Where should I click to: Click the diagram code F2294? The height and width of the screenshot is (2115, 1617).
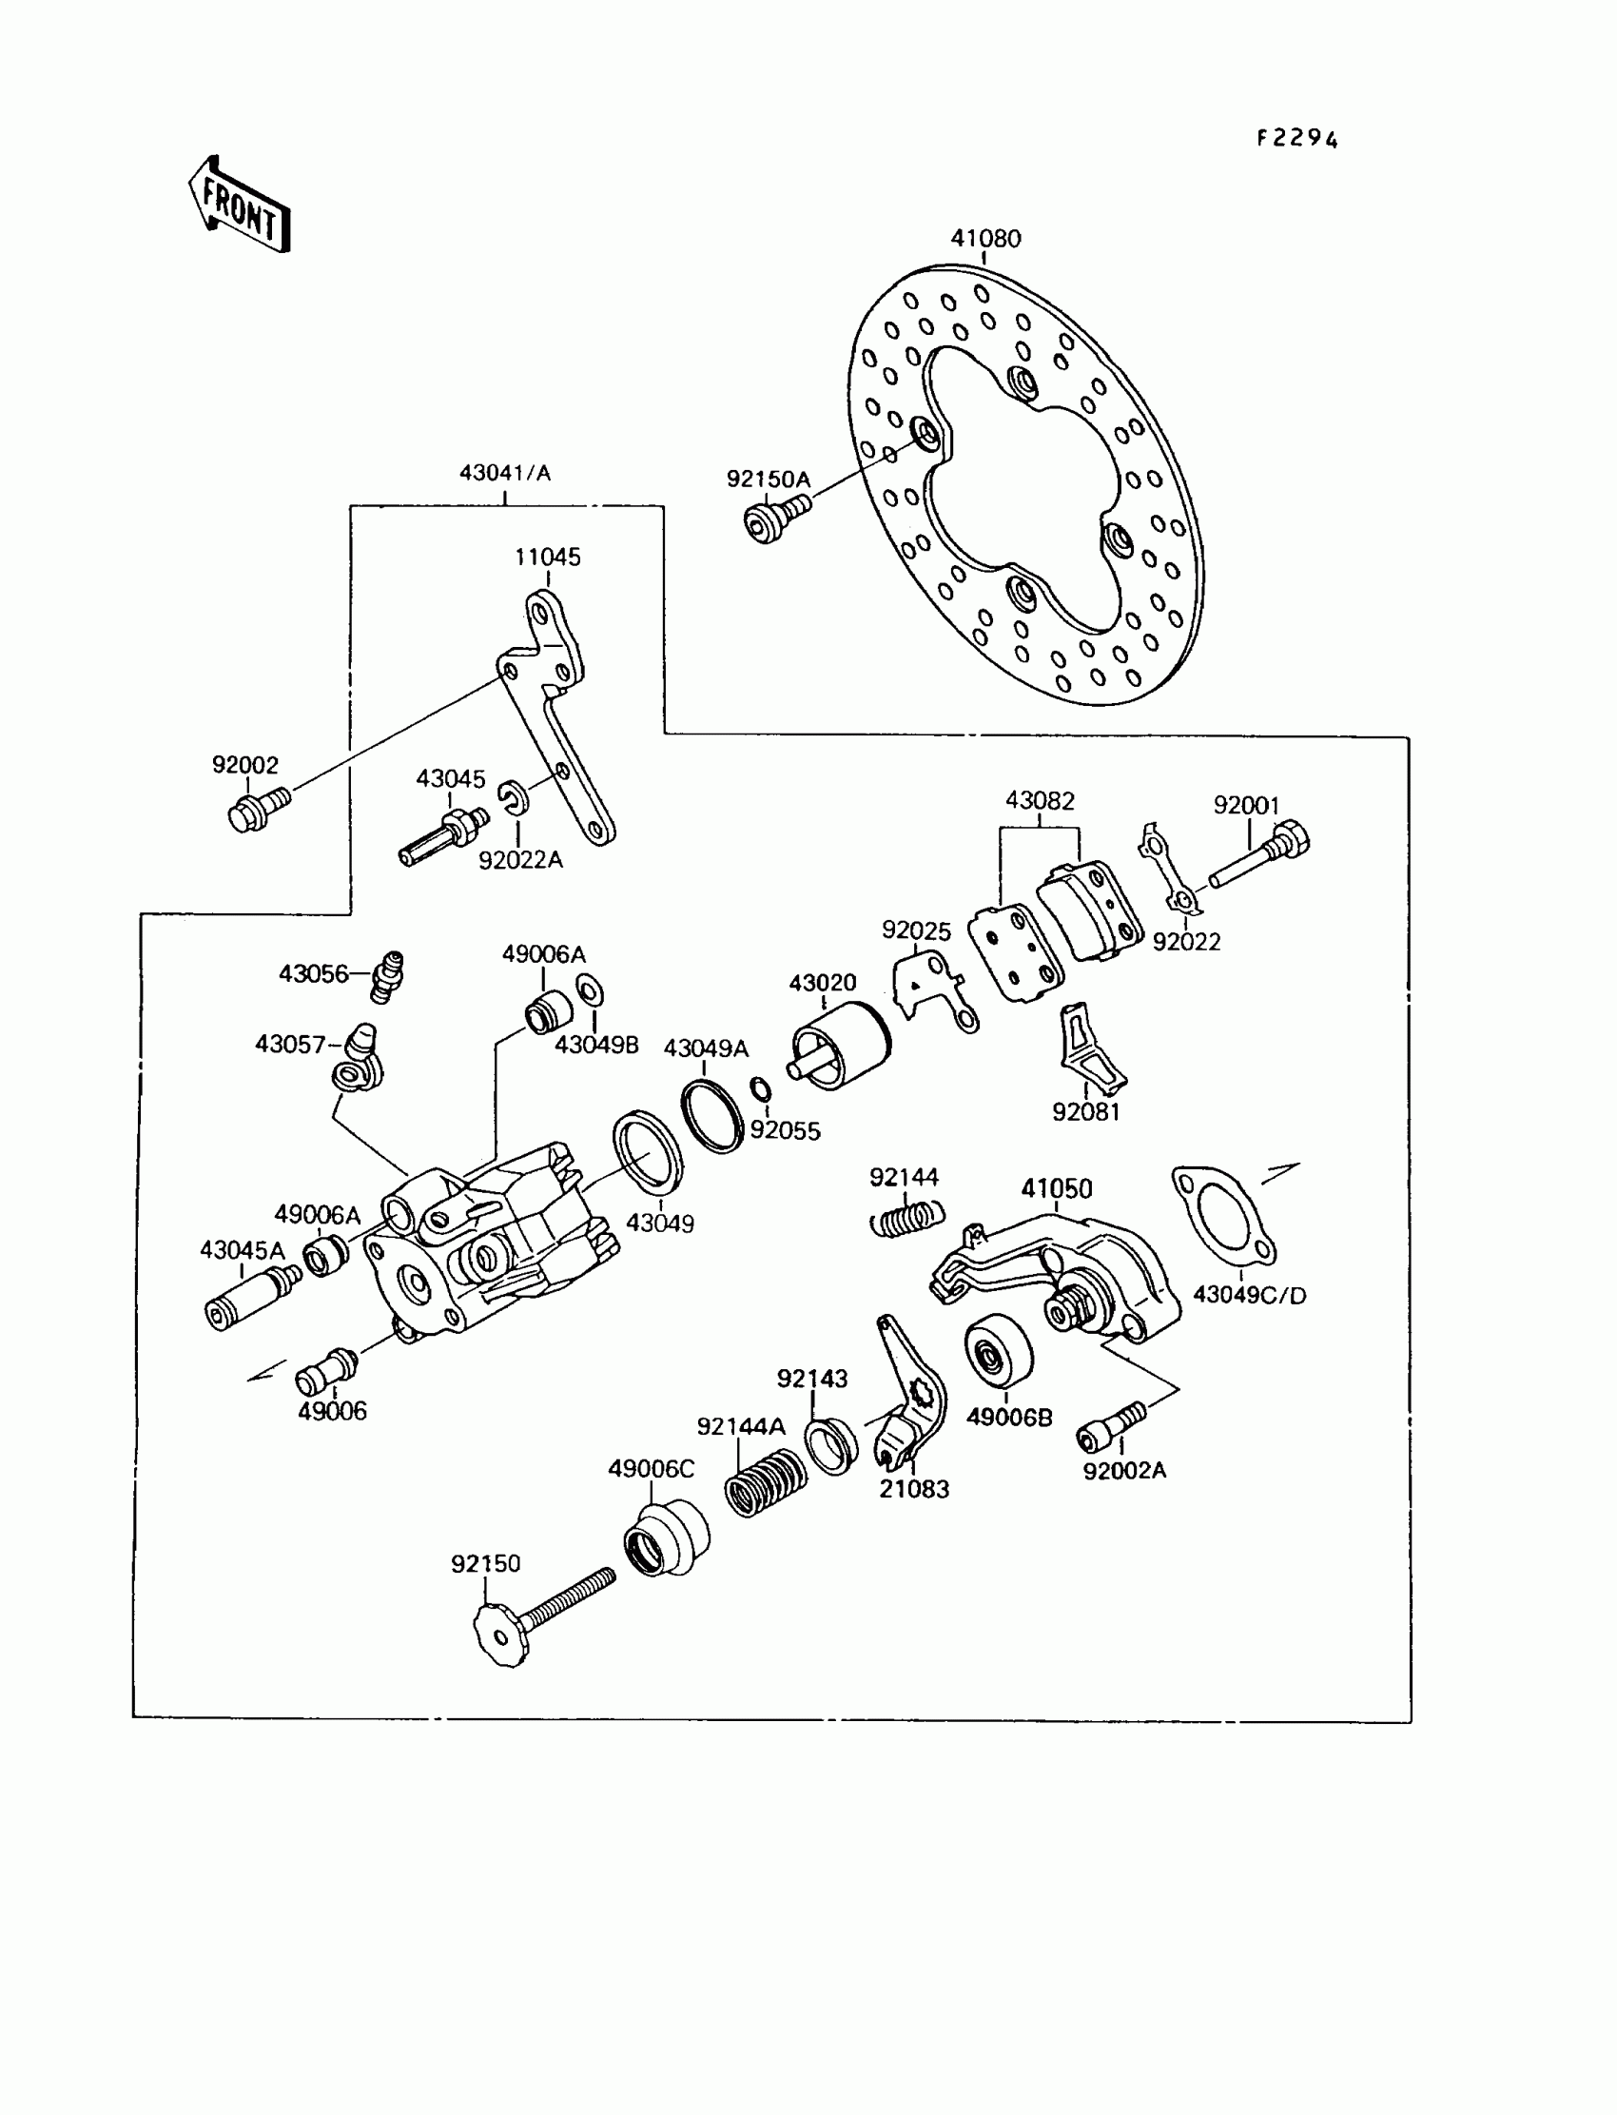1296,140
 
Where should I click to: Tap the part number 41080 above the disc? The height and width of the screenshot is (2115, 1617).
984,238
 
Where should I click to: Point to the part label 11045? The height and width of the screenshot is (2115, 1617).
547,557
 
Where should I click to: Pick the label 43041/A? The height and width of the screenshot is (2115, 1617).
504,473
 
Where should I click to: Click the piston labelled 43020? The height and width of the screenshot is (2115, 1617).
840,1047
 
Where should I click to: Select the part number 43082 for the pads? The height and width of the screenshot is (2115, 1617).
1040,800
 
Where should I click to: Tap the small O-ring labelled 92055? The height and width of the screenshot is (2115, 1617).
760,1088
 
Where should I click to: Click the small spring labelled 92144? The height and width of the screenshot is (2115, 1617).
906,1220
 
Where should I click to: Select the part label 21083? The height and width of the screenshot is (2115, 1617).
913,1489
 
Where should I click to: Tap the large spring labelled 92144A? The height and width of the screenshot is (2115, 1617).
765,1481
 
